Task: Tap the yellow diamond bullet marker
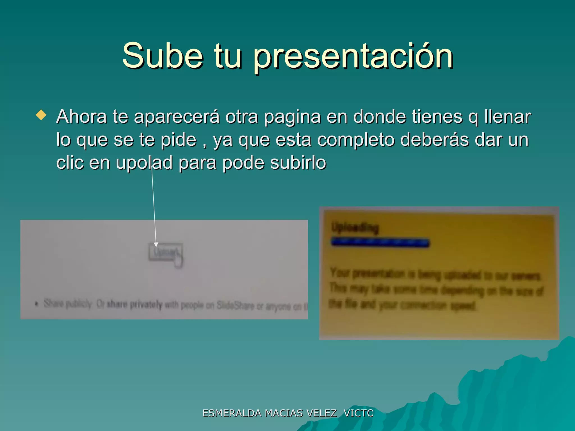tap(41, 115)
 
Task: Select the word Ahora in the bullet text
tap(81, 116)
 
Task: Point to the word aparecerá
tap(177, 117)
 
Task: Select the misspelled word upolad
tap(144, 163)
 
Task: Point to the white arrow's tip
tap(156, 246)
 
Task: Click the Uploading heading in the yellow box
tap(355, 228)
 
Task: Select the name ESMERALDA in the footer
tap(232, 413)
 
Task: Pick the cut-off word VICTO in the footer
tap(359, 413)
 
